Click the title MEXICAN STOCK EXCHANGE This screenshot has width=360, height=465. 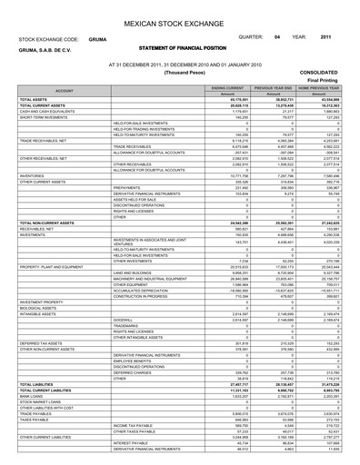[180, 21]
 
